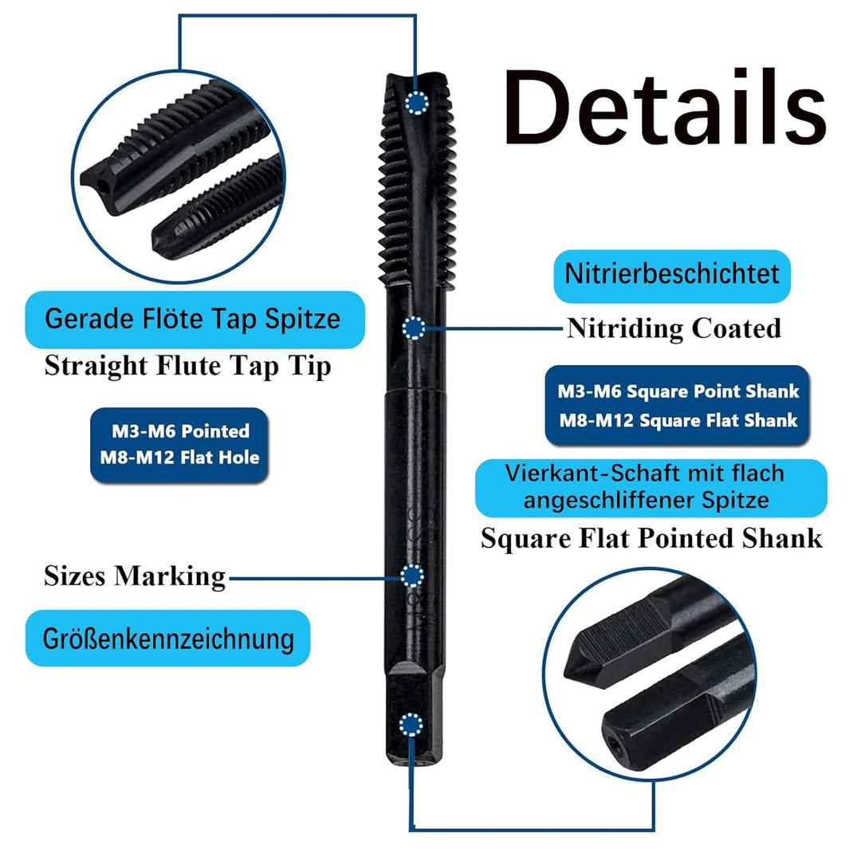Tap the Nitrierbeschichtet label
(x=672, y=276)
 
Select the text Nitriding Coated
(x=674, y=329)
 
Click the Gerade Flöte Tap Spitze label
(x=195, y=320)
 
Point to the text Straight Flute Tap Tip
(x=188, y=366)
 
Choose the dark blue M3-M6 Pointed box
(x=179, y=445)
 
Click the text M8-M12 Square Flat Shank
(x=678, y=421)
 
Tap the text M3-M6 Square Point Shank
(x=678, y=391)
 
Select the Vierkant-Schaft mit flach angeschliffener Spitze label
(x=651, y=488)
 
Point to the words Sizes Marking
(x=135, y=577)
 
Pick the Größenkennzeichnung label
(x=168, y=638)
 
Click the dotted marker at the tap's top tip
(x=417, y=103)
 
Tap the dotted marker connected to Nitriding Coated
(x=414, y=328)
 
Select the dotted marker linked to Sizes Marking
(x=412, y=576)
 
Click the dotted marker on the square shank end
(x=411, y=725)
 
